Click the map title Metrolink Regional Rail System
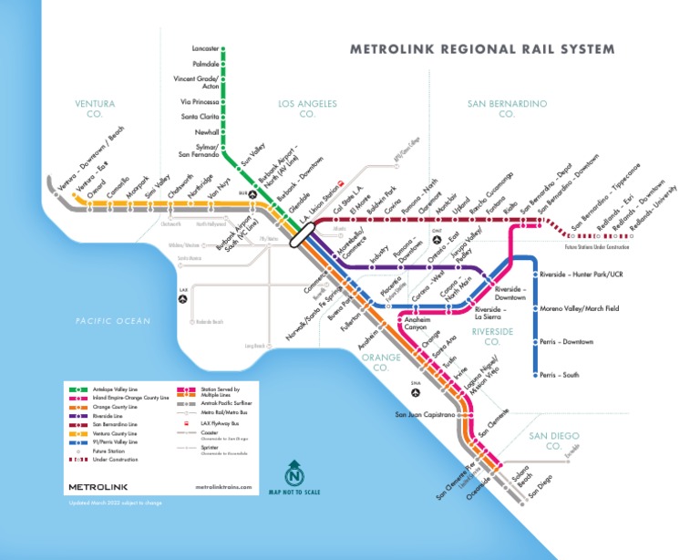point(482,49)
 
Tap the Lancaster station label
point(206,47)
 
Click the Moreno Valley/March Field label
point(579,308)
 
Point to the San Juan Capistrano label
point(424,414)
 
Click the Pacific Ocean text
point(113,321)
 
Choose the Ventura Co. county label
point(95,109)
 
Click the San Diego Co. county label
point(553,441)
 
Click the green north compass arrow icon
point(294,475)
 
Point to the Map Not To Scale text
point(294,493)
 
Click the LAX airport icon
point(183,297)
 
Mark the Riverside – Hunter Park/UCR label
point(581,274)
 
